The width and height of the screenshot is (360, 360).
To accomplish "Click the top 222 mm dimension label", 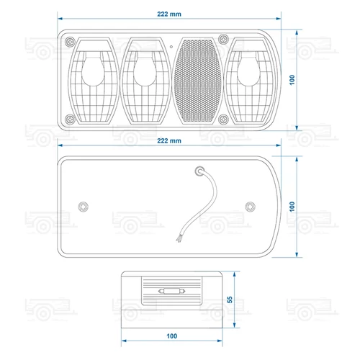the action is [x=169, y=14].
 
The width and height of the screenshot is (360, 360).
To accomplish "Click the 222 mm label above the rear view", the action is [x=169, y=140].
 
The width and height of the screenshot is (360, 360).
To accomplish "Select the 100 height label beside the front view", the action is [x=292, y=80].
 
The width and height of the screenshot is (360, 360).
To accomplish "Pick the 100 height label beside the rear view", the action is [x=292, y=207].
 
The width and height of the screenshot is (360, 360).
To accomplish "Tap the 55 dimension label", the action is [x=230, y=300].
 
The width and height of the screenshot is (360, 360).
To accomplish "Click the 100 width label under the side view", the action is [x=172, y=336].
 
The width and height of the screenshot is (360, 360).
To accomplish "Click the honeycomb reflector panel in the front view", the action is [x=197, y=81].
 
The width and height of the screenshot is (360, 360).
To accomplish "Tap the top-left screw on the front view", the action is [x=70, y=42].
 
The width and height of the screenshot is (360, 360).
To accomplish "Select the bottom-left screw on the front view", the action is [x=70, y=119].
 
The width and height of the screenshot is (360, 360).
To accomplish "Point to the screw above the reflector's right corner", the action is [x=223, y=38].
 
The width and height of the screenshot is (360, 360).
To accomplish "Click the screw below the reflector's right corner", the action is [x=223, y=119].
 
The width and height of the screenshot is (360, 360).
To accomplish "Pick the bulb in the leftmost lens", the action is [x=93, y=70].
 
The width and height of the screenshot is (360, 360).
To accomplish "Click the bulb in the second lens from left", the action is [x=145, y=70].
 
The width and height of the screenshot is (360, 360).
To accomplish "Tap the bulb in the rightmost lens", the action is [x=248, y=70].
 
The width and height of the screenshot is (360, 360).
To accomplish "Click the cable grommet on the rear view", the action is [x=199, y=171].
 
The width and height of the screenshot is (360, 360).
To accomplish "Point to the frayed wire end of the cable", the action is [x=179, y=239].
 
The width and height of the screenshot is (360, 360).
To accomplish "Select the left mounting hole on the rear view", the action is [x=84, y=207].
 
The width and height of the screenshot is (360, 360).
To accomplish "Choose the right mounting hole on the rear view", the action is [x=250, y=207].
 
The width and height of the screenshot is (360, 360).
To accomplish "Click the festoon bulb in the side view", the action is [x=172, y=291].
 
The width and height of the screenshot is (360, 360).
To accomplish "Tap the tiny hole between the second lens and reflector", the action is [x=171, y=47].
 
